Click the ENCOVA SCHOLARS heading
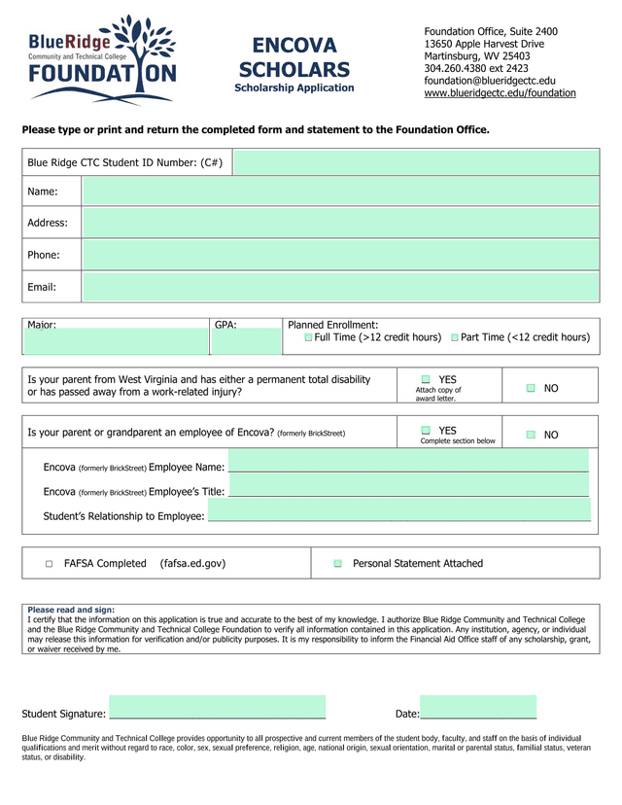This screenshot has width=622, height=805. [x=294, y=58]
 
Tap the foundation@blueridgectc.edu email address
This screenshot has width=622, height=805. [x=490, y=81]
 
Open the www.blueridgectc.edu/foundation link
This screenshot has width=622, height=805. [x=500, y=93]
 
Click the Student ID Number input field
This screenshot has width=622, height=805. [x=416, y=162]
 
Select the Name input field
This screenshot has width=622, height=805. [x=340, y=192]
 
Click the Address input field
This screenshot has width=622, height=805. [x=340, y=223]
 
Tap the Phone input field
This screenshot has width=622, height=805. [x=340, y=255]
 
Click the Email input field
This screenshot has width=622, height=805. [x=340, y=287]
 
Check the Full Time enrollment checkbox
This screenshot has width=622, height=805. [x=308, y=337]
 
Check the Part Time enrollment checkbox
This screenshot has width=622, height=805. [x=455, y=337]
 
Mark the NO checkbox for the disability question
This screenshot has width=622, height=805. [x=531, y=388]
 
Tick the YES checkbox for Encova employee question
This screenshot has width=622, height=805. [x=426, y=430]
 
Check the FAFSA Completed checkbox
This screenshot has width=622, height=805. [x=49, y=564]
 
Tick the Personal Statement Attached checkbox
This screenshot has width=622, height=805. [x=337, y=564]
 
